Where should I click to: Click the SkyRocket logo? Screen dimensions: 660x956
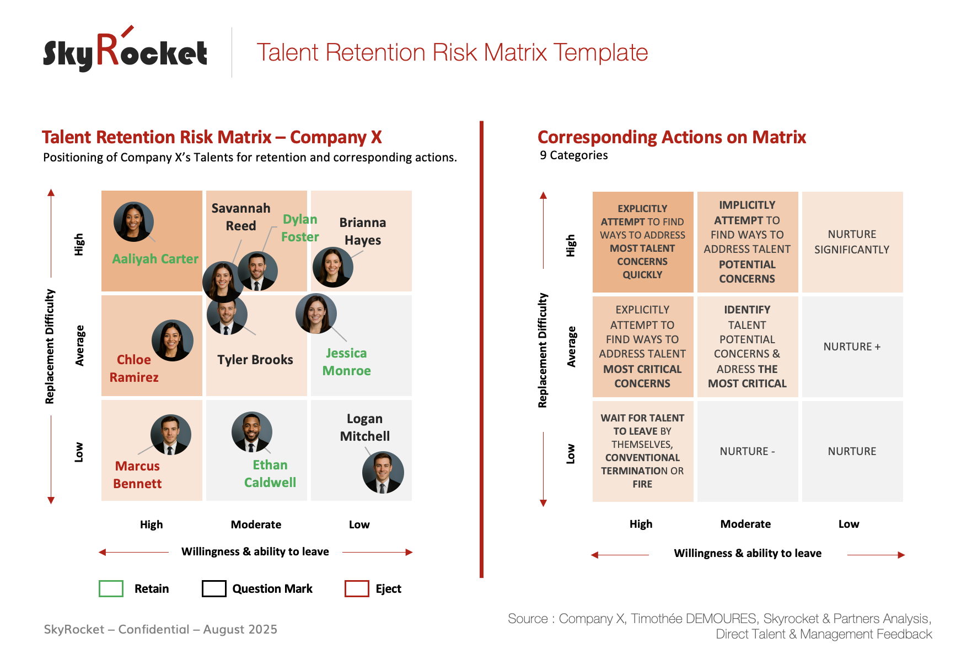point(125,51)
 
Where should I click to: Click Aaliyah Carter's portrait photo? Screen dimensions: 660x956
point(133,221)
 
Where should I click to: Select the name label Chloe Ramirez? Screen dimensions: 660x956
point(134,369)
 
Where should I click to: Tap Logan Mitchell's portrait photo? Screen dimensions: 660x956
point(383,472)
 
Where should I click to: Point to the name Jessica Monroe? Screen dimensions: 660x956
point(346,362)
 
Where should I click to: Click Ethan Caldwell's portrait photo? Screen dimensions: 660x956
point(252,432)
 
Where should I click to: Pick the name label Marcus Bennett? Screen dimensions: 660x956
point(137,475)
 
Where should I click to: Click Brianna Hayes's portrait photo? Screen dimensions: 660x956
point(332,267)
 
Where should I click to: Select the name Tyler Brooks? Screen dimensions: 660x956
point(255,360)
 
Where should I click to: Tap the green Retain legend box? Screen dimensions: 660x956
point(111,588)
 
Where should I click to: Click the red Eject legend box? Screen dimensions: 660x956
point(357,588)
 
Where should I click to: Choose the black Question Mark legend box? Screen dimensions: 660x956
point(214,588)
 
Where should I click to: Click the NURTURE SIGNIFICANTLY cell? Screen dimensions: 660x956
point(852,242)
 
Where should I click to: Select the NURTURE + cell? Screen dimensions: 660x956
point(852,347)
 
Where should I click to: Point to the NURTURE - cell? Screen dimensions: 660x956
point(747,451)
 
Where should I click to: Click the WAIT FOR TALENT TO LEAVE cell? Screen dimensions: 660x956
point(642,451)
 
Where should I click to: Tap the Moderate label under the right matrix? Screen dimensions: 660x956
point(745,524)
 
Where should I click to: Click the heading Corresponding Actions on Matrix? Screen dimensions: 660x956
point(672,137)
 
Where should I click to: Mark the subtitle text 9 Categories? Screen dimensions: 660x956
point(573,155)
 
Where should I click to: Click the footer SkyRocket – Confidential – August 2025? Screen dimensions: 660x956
point(160,629)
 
